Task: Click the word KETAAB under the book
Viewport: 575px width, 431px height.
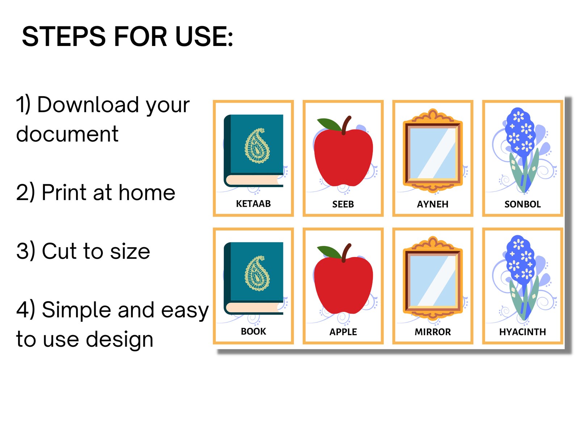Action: (x=253, y=204)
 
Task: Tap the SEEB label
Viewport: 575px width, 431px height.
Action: (x=343, y=204)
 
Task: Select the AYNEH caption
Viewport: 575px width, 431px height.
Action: (x=432, y=204)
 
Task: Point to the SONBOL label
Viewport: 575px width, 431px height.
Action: (x=522, y=204)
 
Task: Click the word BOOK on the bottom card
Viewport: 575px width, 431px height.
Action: (x=253, y=331)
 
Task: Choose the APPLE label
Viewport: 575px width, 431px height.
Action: (x=343, y=332)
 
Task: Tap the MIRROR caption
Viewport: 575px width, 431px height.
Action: (x=432, y=332)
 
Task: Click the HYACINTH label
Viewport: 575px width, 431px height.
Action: (x=522, y=332)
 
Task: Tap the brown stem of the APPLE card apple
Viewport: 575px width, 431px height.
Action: (x=345, y=251)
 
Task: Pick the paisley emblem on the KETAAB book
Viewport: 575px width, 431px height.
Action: (x=257, y=145)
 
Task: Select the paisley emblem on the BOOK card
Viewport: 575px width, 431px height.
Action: (x=257, y=273)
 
